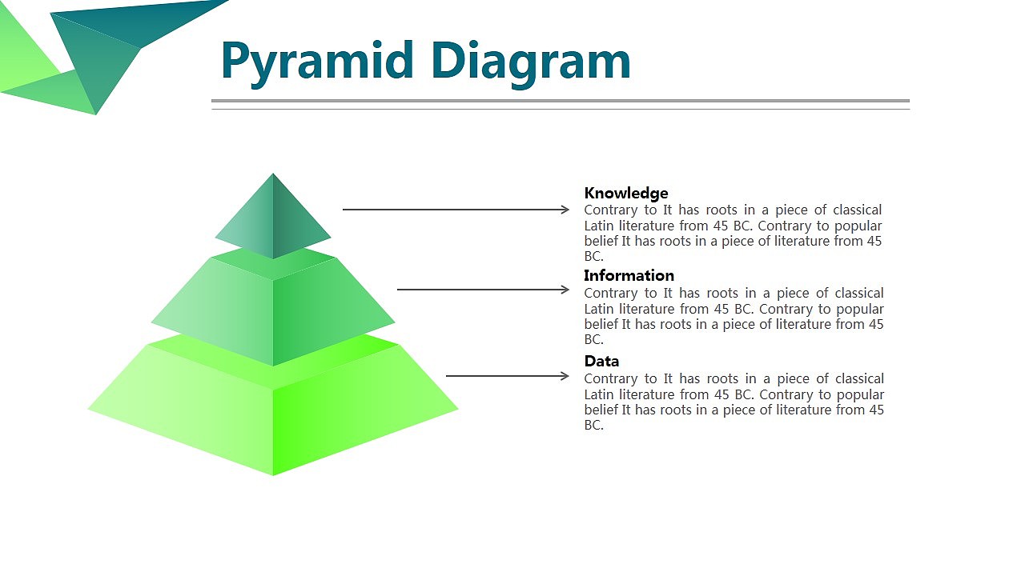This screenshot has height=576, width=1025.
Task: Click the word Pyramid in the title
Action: tap(318, 63)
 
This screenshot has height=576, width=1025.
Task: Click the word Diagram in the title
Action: tap(531, 63)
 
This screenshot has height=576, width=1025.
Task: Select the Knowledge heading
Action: tap(626, 194)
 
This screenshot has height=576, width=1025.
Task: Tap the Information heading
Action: tap(629, 276)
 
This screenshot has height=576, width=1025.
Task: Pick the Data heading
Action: tap(601, 361)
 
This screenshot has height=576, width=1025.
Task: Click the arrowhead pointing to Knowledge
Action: tap(565, 210)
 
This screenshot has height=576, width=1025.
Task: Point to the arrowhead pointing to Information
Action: tap(565, 290)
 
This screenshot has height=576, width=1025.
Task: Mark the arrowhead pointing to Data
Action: tap(565, 376)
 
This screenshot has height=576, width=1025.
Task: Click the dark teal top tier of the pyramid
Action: tap(273, 219)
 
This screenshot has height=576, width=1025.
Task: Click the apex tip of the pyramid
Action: tap(273, 174)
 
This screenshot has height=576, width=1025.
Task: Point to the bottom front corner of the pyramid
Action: tap(273, 475)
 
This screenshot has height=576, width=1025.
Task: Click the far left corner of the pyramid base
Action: tap(88, 409)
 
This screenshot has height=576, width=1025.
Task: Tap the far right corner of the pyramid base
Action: tap(457, 409)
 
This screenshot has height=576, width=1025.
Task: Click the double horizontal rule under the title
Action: tap(561, 105)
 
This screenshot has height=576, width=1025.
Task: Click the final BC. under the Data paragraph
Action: tap(594, 426)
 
